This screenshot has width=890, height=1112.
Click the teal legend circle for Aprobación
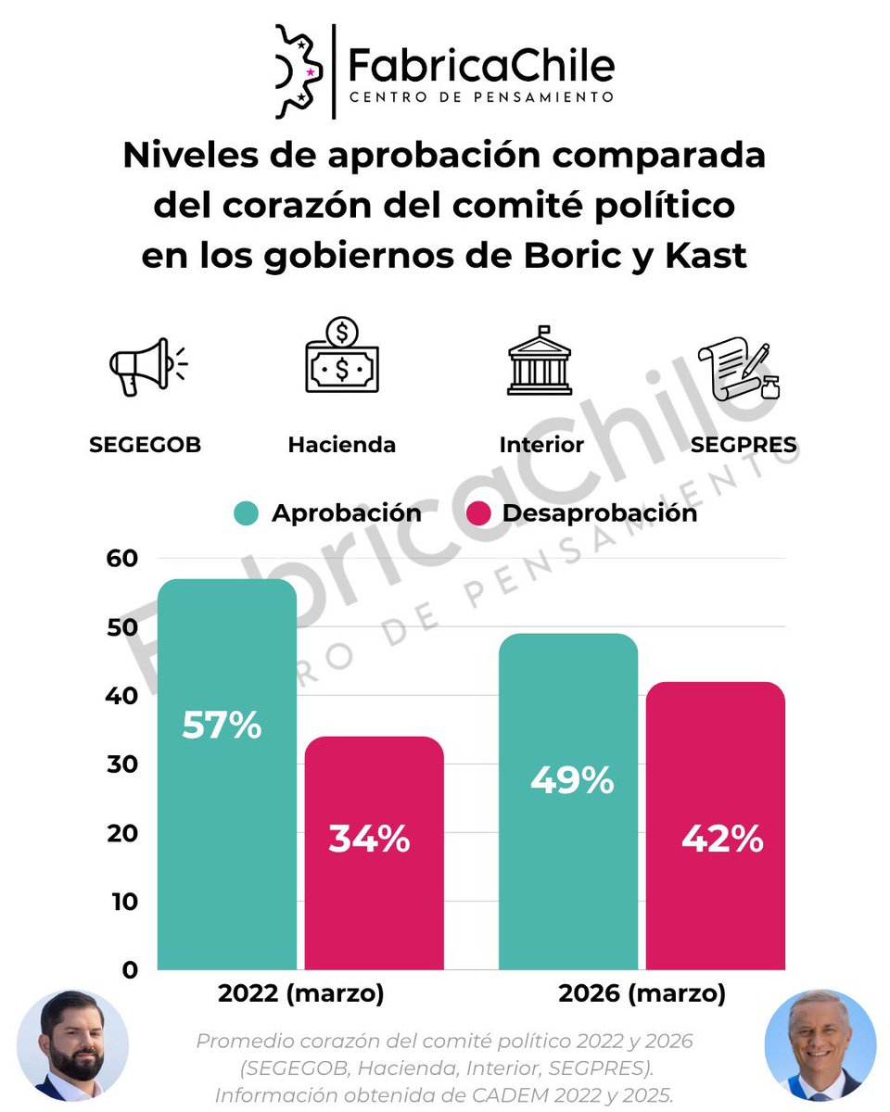(246, 513)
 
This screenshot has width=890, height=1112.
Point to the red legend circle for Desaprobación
(478, 513)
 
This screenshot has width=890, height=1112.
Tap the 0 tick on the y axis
(129, 970)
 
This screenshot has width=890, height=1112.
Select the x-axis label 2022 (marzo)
(300, 994)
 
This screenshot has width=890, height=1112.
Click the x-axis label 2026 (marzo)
(642, 994)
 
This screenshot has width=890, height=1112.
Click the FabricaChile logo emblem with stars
(299, 71)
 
